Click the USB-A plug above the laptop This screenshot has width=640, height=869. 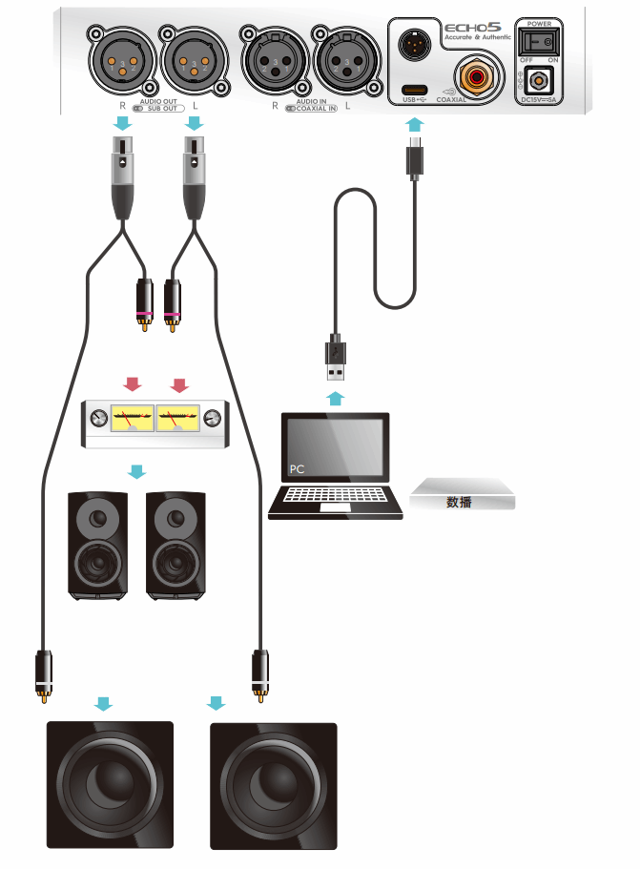(336, 359)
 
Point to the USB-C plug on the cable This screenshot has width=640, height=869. (414, 156)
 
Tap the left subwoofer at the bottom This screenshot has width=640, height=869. (111, 785)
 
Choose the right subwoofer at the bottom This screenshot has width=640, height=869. (274, 785)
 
